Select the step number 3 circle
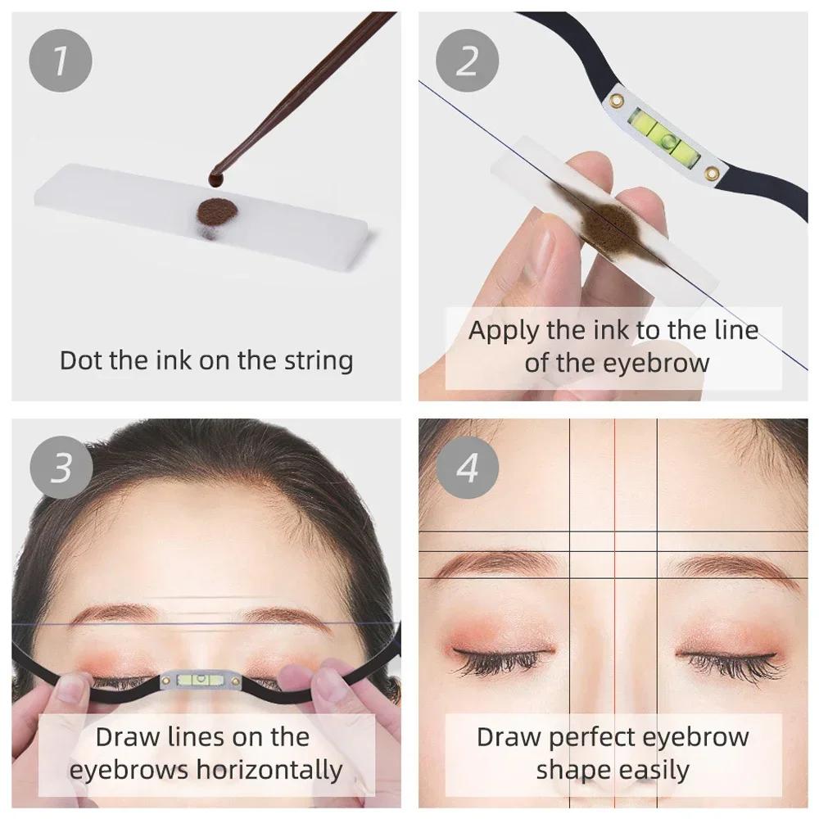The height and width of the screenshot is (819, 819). [x=61, y=468]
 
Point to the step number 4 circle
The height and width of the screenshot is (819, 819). [x=466, y=468]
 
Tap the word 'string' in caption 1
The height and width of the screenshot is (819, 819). [x=314, y=361]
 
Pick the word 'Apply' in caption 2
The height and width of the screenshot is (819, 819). [x=502, y=332]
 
